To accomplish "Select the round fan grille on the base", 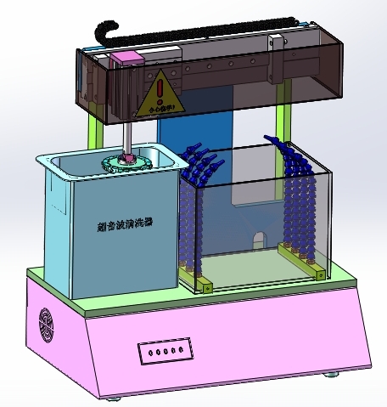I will pos(46,325).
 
